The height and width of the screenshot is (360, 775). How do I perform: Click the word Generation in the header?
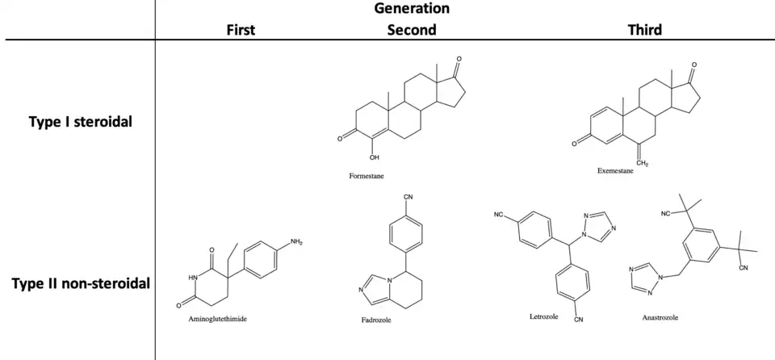pos(412,9)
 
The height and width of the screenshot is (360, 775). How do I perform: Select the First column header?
pos(240,30)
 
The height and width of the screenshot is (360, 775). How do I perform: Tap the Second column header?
pos(412,30)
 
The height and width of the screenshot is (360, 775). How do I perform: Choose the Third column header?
pos(645,30)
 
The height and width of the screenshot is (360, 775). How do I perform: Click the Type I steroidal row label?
pos(81,122)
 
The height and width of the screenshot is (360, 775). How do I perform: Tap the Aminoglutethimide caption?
pos(217,319)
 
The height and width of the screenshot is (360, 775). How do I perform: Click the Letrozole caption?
pos(534,316)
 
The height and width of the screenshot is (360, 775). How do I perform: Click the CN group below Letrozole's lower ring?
pos(578,320)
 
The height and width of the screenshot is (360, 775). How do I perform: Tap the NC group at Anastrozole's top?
pos(665,214)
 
